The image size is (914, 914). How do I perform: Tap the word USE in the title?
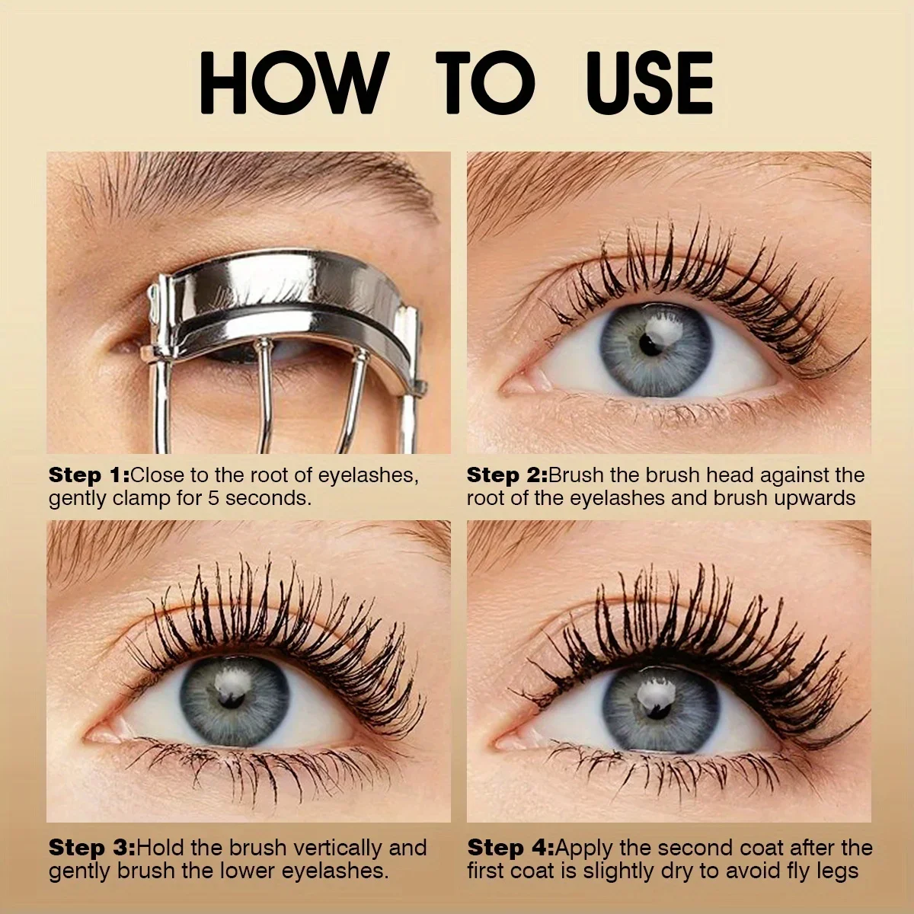[653, 83]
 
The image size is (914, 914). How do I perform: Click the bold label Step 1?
[88, 475]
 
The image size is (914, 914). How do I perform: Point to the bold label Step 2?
[507, 475]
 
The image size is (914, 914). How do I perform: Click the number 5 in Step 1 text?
[213, 498]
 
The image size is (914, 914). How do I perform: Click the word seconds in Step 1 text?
[267, 498]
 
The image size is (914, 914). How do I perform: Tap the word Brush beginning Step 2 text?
[577, 475]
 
